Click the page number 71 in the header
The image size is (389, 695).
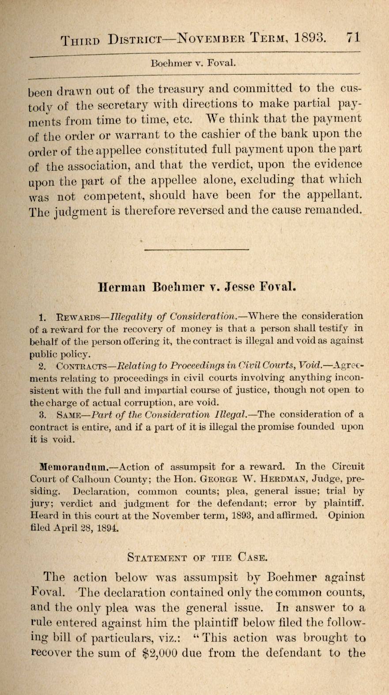click(353, 37)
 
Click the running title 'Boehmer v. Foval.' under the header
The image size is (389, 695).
click(193, 63)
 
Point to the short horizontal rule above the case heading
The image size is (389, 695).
click(196, 250)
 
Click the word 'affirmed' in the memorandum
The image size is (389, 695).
click(296, 515)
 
